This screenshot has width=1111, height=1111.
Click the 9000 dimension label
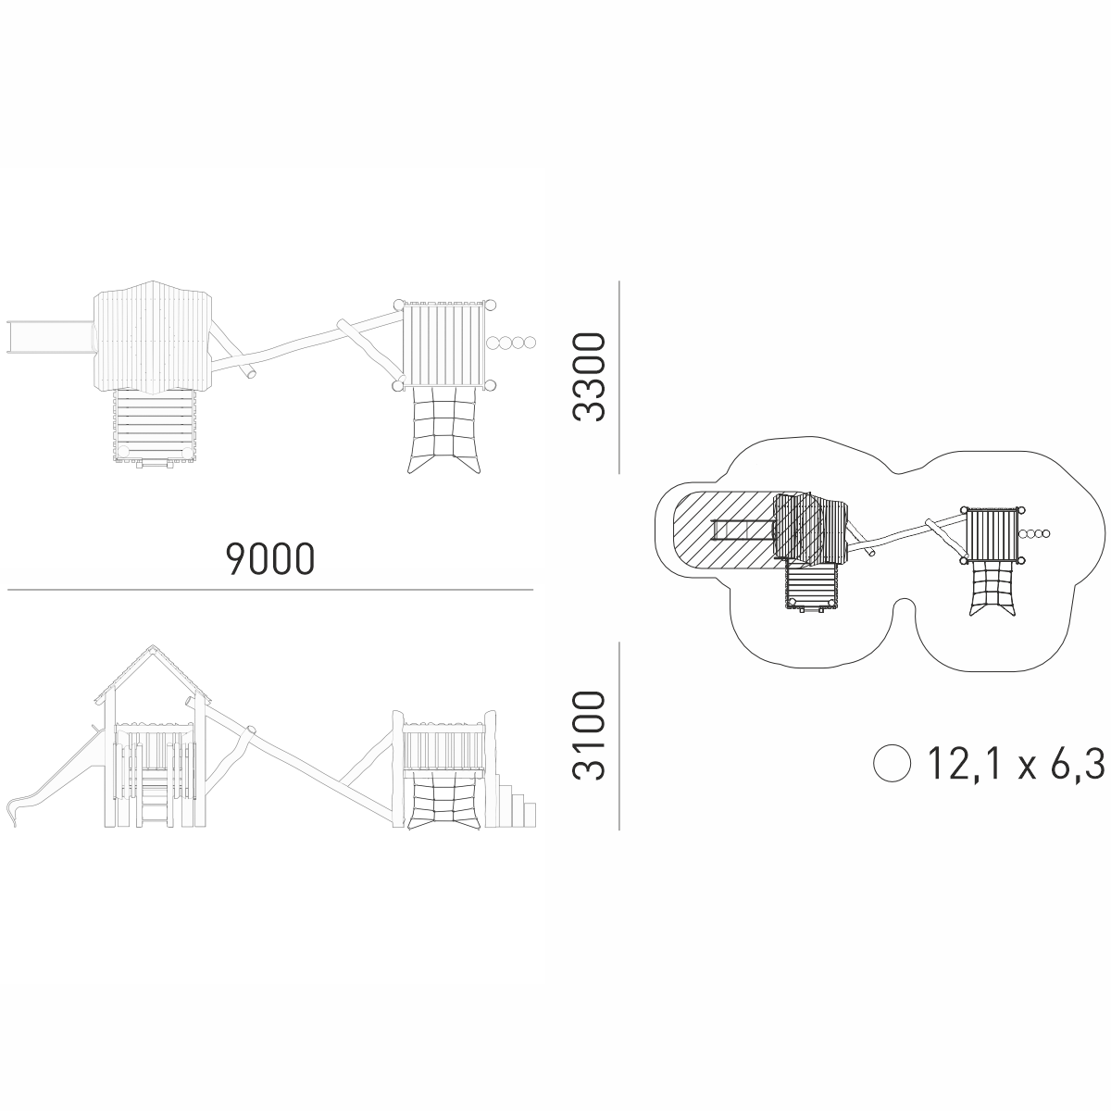tap(270, 558)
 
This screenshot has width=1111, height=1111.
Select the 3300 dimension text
tap(588, 377)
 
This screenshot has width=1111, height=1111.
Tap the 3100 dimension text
tap(588, 736)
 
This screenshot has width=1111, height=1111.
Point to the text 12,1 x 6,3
tap(1017, 763)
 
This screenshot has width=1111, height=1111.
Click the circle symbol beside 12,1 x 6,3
tap(892, 763)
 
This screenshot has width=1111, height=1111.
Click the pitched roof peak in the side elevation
tap(152, 645)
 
